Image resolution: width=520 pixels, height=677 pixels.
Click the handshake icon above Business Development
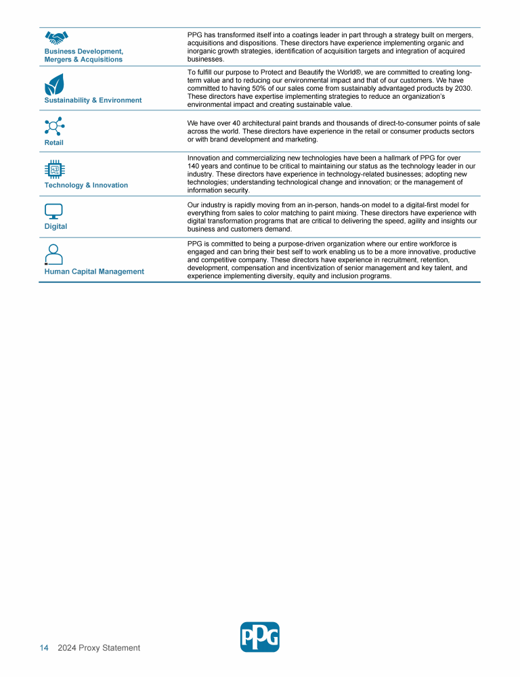tap(56, 38)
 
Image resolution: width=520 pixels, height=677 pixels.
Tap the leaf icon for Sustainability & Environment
tap(54, 85)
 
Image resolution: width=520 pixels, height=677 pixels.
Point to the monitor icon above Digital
tap(53, 211)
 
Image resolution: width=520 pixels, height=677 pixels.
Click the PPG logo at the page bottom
tap(260, 637)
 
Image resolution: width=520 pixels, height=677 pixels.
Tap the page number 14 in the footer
tap(43, 648)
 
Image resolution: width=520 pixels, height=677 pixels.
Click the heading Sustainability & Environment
tap(93, 100)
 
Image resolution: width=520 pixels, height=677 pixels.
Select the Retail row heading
tap(54, 143)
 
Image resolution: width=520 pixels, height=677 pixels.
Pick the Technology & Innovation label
tap(86, 185)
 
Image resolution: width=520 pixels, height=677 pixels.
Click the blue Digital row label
tap(56, 227)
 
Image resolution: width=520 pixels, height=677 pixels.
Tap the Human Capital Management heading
tap(94, 271)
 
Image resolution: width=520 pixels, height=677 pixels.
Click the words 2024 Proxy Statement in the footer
tap(99, 648)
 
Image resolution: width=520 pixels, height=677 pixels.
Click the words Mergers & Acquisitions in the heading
tap(83, 60)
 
